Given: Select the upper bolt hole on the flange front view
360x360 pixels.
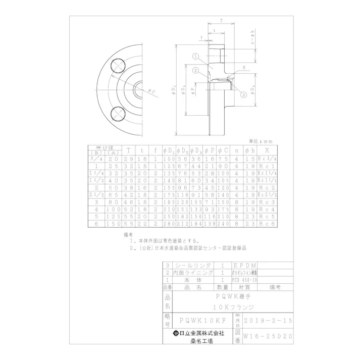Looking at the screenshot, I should (x=118, y=65).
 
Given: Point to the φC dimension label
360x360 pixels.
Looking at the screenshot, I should (x=152, y=91).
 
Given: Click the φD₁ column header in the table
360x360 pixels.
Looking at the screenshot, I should (x=169, y=150).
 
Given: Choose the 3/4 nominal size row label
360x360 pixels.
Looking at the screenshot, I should (x=95, y=158).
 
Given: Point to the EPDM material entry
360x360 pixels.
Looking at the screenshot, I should (x=244, y=265).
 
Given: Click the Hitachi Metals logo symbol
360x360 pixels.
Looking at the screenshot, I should (x=176, y=333).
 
